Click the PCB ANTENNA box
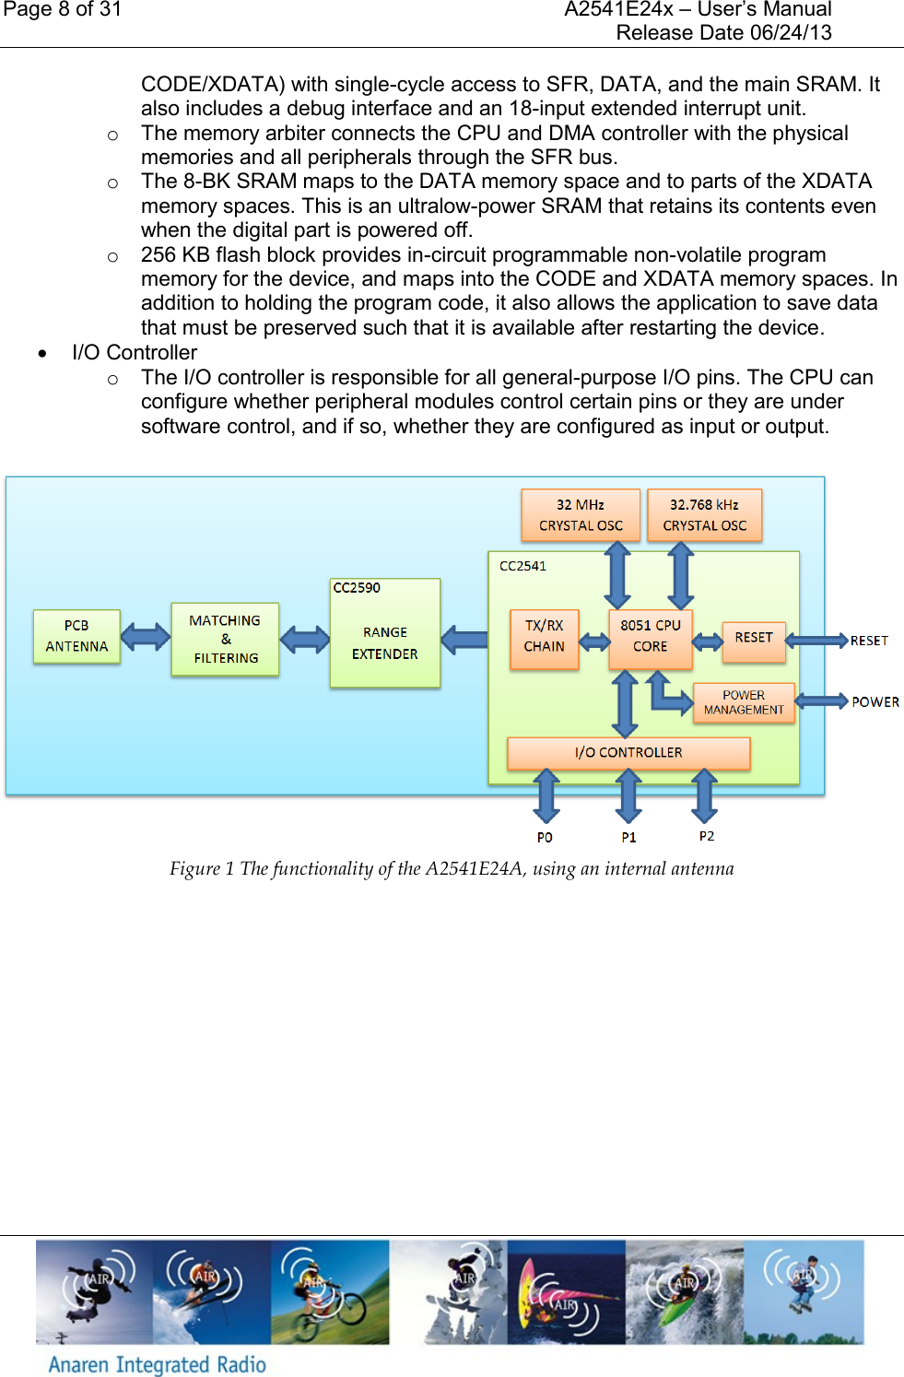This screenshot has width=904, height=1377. (76, 636)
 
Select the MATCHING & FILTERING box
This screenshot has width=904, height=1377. (225, 639)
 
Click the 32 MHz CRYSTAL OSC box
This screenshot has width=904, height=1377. (581, 515)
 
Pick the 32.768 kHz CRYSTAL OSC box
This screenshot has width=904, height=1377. (704, 515)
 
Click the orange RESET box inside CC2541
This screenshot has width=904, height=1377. (753, 640)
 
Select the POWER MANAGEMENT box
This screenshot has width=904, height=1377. (743, 702)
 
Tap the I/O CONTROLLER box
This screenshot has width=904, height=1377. (628, 753)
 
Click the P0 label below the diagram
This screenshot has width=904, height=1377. (545, 837)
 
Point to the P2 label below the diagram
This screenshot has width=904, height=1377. (706, 836)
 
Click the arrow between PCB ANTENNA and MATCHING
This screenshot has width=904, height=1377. (146, 637)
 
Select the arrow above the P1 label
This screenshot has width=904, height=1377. (628, 795)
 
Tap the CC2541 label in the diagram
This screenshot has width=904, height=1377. (522, 566)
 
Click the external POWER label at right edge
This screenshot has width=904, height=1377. (875, 702)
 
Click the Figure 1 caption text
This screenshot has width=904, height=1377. (452, 868)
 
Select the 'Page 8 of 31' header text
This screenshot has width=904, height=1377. (63, 10)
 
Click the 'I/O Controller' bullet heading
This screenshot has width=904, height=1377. (135, 353)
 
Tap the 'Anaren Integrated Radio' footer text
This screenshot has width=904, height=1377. (158, 1364)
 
